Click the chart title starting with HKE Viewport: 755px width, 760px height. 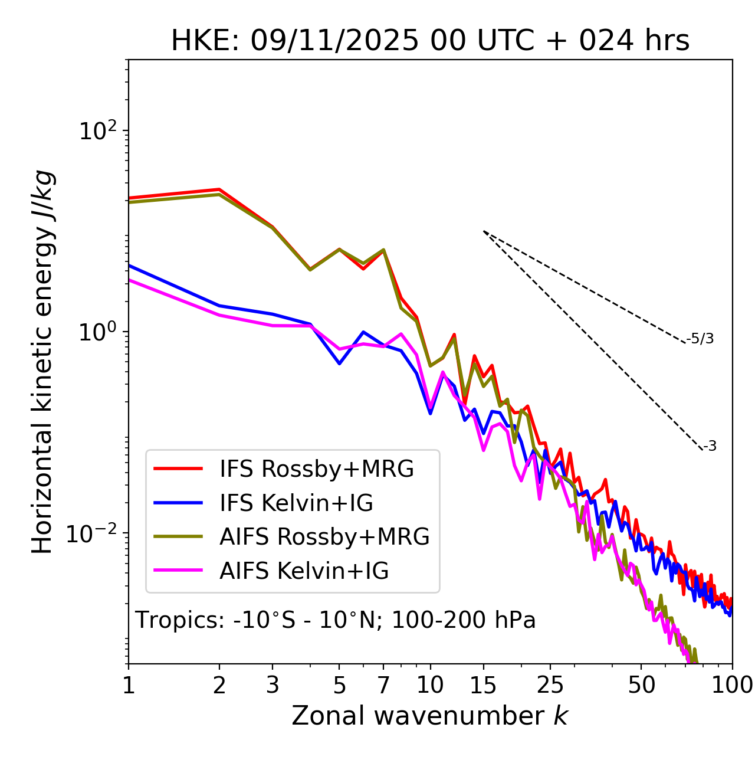(430, 41)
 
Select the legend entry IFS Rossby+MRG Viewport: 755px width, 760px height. (317, 469)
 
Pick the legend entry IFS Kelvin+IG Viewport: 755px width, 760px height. (296, 503)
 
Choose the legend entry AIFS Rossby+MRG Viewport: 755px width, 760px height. (324, 537)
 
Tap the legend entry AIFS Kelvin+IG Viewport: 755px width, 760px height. (304, 571)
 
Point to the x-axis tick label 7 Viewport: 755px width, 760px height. (383, 685)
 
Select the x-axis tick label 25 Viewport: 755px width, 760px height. (550, 685)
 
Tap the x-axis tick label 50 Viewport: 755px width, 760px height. (641, 685)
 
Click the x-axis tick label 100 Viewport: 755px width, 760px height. (732, 685)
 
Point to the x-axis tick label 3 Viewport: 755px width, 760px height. (273, 685)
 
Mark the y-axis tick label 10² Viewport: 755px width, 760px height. (97, 130)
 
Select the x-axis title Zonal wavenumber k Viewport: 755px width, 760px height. (430, 716)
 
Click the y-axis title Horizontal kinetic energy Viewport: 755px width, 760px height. (42, 362)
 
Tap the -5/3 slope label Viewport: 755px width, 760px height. (700, 339)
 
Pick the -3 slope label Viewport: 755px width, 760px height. (710, 447)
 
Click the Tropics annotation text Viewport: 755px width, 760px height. (336, 620)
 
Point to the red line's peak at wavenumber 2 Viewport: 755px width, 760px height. (219, 189)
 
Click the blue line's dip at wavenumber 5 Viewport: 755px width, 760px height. (339, 363)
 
